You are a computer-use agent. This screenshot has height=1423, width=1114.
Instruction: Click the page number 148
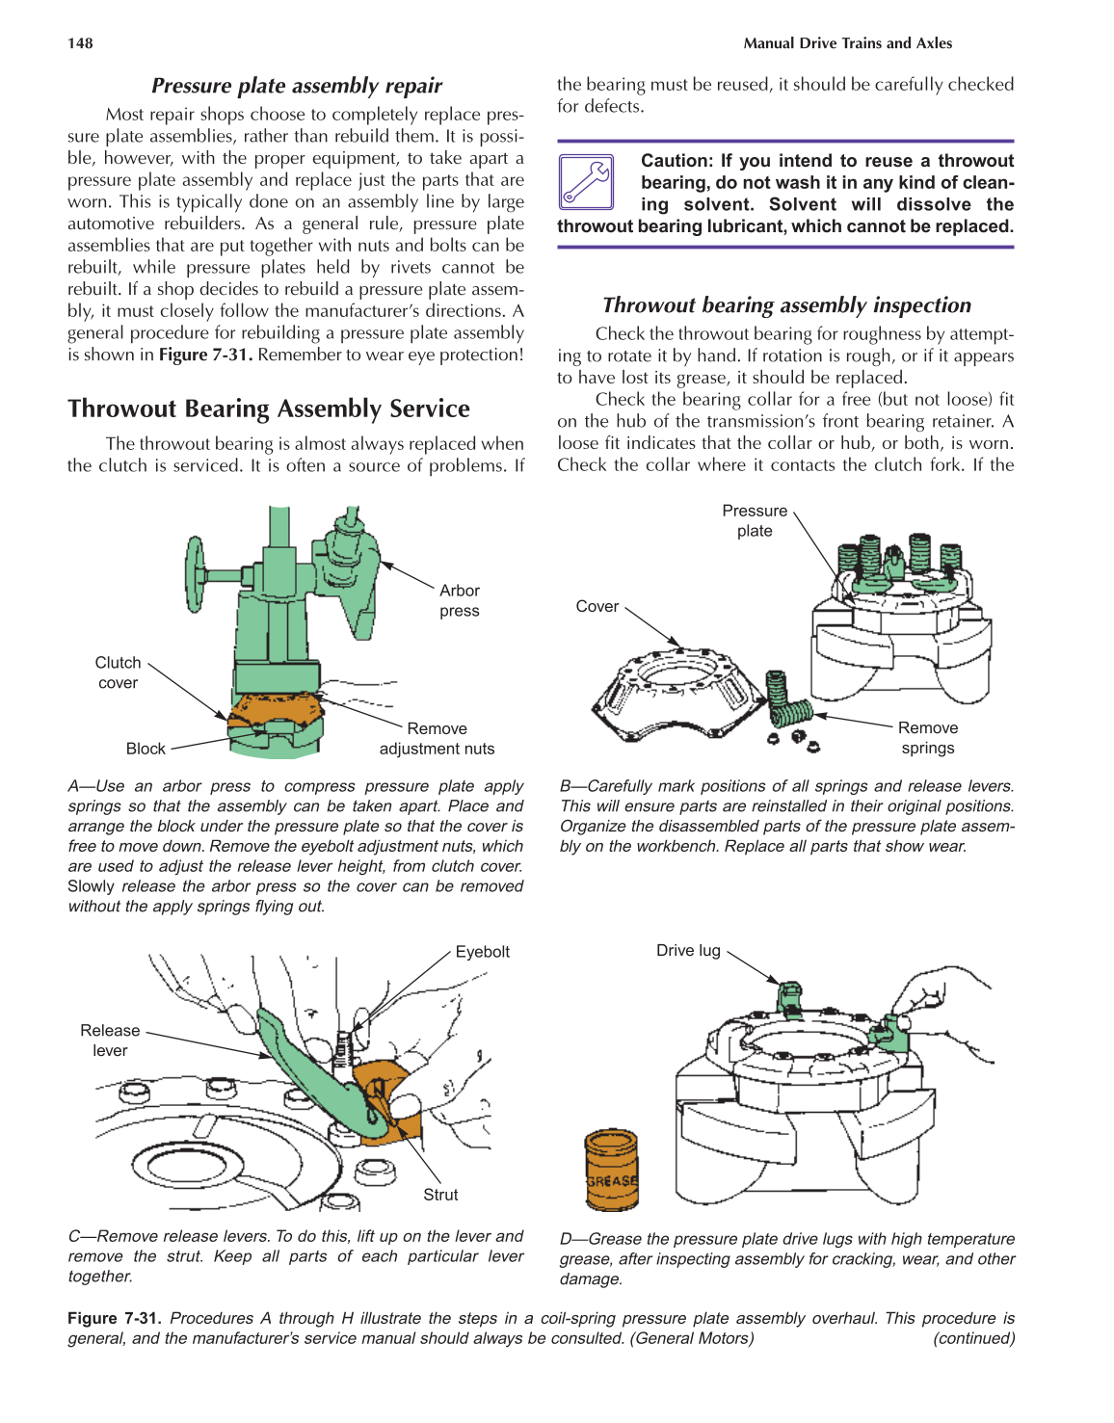coord(80,43)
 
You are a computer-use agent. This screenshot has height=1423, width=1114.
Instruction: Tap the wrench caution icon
coord(586,182)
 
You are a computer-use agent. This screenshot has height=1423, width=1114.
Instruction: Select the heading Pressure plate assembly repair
coord(296,86)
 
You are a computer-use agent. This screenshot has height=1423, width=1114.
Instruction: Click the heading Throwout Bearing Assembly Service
coord(269,409)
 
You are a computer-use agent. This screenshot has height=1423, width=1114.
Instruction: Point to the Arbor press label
coord(459,600)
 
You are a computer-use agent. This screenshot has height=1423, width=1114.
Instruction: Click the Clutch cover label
coord(118,672)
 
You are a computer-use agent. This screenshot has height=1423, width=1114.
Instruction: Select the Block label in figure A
coord(146,749)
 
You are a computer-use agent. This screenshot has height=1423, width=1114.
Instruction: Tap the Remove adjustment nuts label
coord(437,739)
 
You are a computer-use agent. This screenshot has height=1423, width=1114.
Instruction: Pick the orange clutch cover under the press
coord(277,711)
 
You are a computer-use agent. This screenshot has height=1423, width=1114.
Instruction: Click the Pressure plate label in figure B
coord(755,520)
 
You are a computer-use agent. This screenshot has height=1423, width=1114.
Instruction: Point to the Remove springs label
coord(927,738)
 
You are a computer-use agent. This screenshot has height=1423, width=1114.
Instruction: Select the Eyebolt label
coord(482,952)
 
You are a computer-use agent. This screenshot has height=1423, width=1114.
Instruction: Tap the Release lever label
coord(110,1041)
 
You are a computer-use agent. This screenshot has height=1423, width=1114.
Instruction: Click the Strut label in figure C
coord(440,1195)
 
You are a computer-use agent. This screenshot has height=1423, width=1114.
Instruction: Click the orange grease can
coord(611,1170)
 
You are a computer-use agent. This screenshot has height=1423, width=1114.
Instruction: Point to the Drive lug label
coord(688,951)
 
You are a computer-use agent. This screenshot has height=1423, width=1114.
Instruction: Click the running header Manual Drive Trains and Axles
coord(847,43)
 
